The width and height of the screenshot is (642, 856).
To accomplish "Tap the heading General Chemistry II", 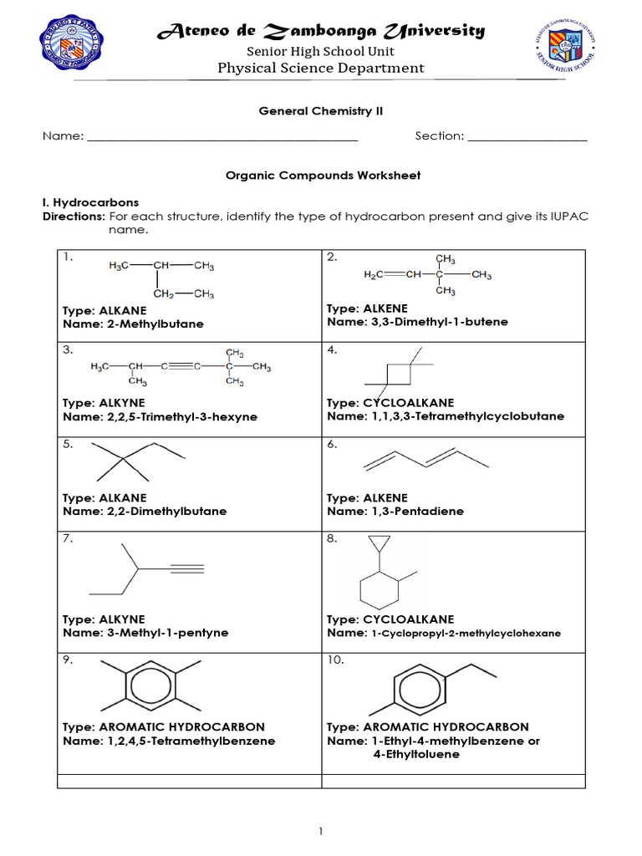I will pos(320,110).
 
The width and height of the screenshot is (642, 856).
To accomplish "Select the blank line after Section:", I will pos(527,137).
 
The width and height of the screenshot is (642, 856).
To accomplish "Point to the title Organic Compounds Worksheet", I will pos(324,176).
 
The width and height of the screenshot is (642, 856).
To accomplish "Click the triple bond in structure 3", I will pos(182,366).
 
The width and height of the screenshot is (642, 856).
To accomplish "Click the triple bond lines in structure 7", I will pos(187,569).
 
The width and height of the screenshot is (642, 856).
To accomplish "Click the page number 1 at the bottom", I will pos(320,831).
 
